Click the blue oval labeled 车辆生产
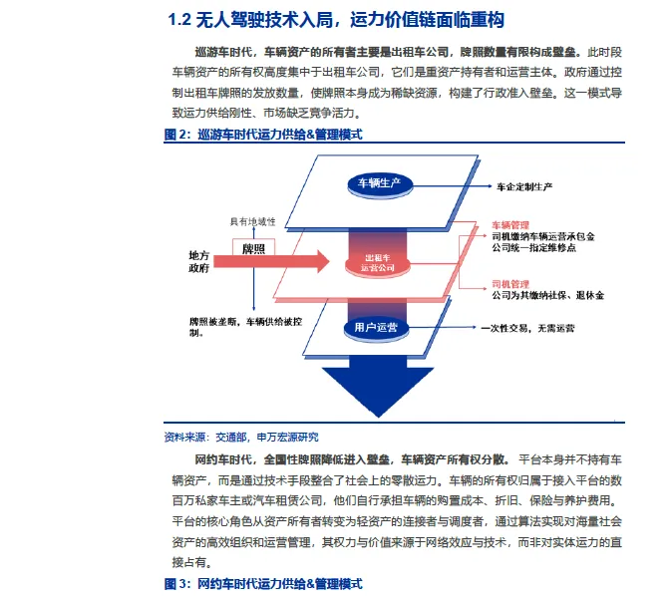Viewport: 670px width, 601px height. pos(378,184)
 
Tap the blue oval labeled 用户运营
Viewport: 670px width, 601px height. pos(376,327)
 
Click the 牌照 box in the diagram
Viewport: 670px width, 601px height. pos(253,247)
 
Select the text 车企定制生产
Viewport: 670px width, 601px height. pos(524,186)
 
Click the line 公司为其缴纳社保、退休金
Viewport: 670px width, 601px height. pos(547,296)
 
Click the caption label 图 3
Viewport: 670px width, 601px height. pos(176,583)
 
